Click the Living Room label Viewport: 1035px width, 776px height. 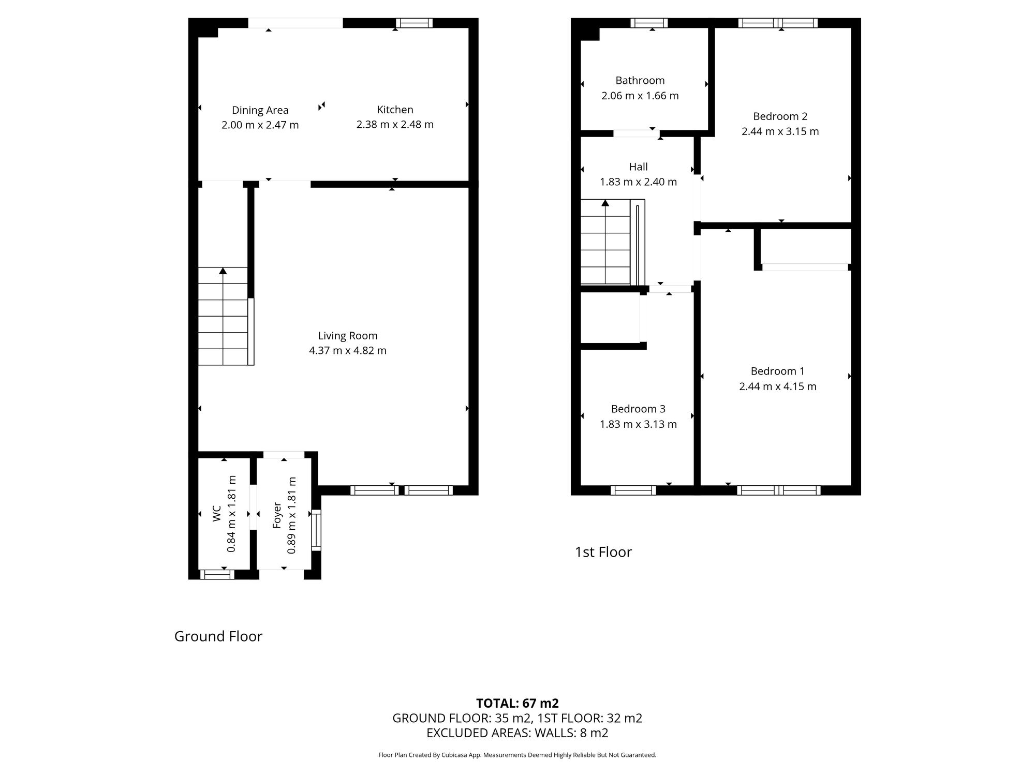click(347, 336)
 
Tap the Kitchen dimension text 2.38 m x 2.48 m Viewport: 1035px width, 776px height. click(395, 125)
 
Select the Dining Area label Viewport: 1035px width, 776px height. click(260, 110)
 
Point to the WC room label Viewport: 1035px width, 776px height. click(217, 513)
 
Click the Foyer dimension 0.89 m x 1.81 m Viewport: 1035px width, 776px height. click(292, 515)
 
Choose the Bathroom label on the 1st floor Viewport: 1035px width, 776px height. click(640, 81)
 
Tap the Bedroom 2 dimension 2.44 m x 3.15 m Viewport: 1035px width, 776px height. click(780, 131)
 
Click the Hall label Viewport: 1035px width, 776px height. click(638, 167)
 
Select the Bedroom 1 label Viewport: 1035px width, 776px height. click(777, 371)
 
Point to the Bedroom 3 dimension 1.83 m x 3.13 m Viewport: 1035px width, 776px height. click(638, 424)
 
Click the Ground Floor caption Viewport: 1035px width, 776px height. click(218, 636)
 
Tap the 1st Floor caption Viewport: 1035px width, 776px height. click(603, 552)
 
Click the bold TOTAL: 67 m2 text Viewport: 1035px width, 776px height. click(517, 703)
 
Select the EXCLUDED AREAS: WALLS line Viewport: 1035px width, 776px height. click(517, 733)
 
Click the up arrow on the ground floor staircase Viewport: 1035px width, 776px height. click(223, 271)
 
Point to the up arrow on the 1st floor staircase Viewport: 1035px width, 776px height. click(605, 203)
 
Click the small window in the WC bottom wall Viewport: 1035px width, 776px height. click(217, 574)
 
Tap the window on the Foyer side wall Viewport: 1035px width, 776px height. click(316, 530)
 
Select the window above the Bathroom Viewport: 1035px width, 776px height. click(649, 23)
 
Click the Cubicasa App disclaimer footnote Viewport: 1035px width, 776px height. click(517, 755)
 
